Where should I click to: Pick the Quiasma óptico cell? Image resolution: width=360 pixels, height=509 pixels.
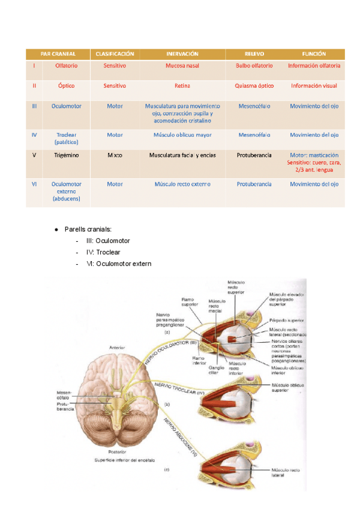click(250, 86)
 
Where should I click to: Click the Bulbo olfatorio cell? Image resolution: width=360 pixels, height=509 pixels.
click(250, 65)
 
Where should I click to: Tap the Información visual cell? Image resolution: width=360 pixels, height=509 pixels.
click(314, 86)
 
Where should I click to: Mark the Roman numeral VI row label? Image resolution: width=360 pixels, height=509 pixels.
click(34, 184)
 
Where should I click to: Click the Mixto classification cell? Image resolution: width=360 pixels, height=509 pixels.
click(115, 155)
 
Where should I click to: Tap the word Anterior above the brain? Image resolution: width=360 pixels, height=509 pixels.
click(117, 347)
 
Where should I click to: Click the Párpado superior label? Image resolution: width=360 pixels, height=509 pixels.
click(286, 320)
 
